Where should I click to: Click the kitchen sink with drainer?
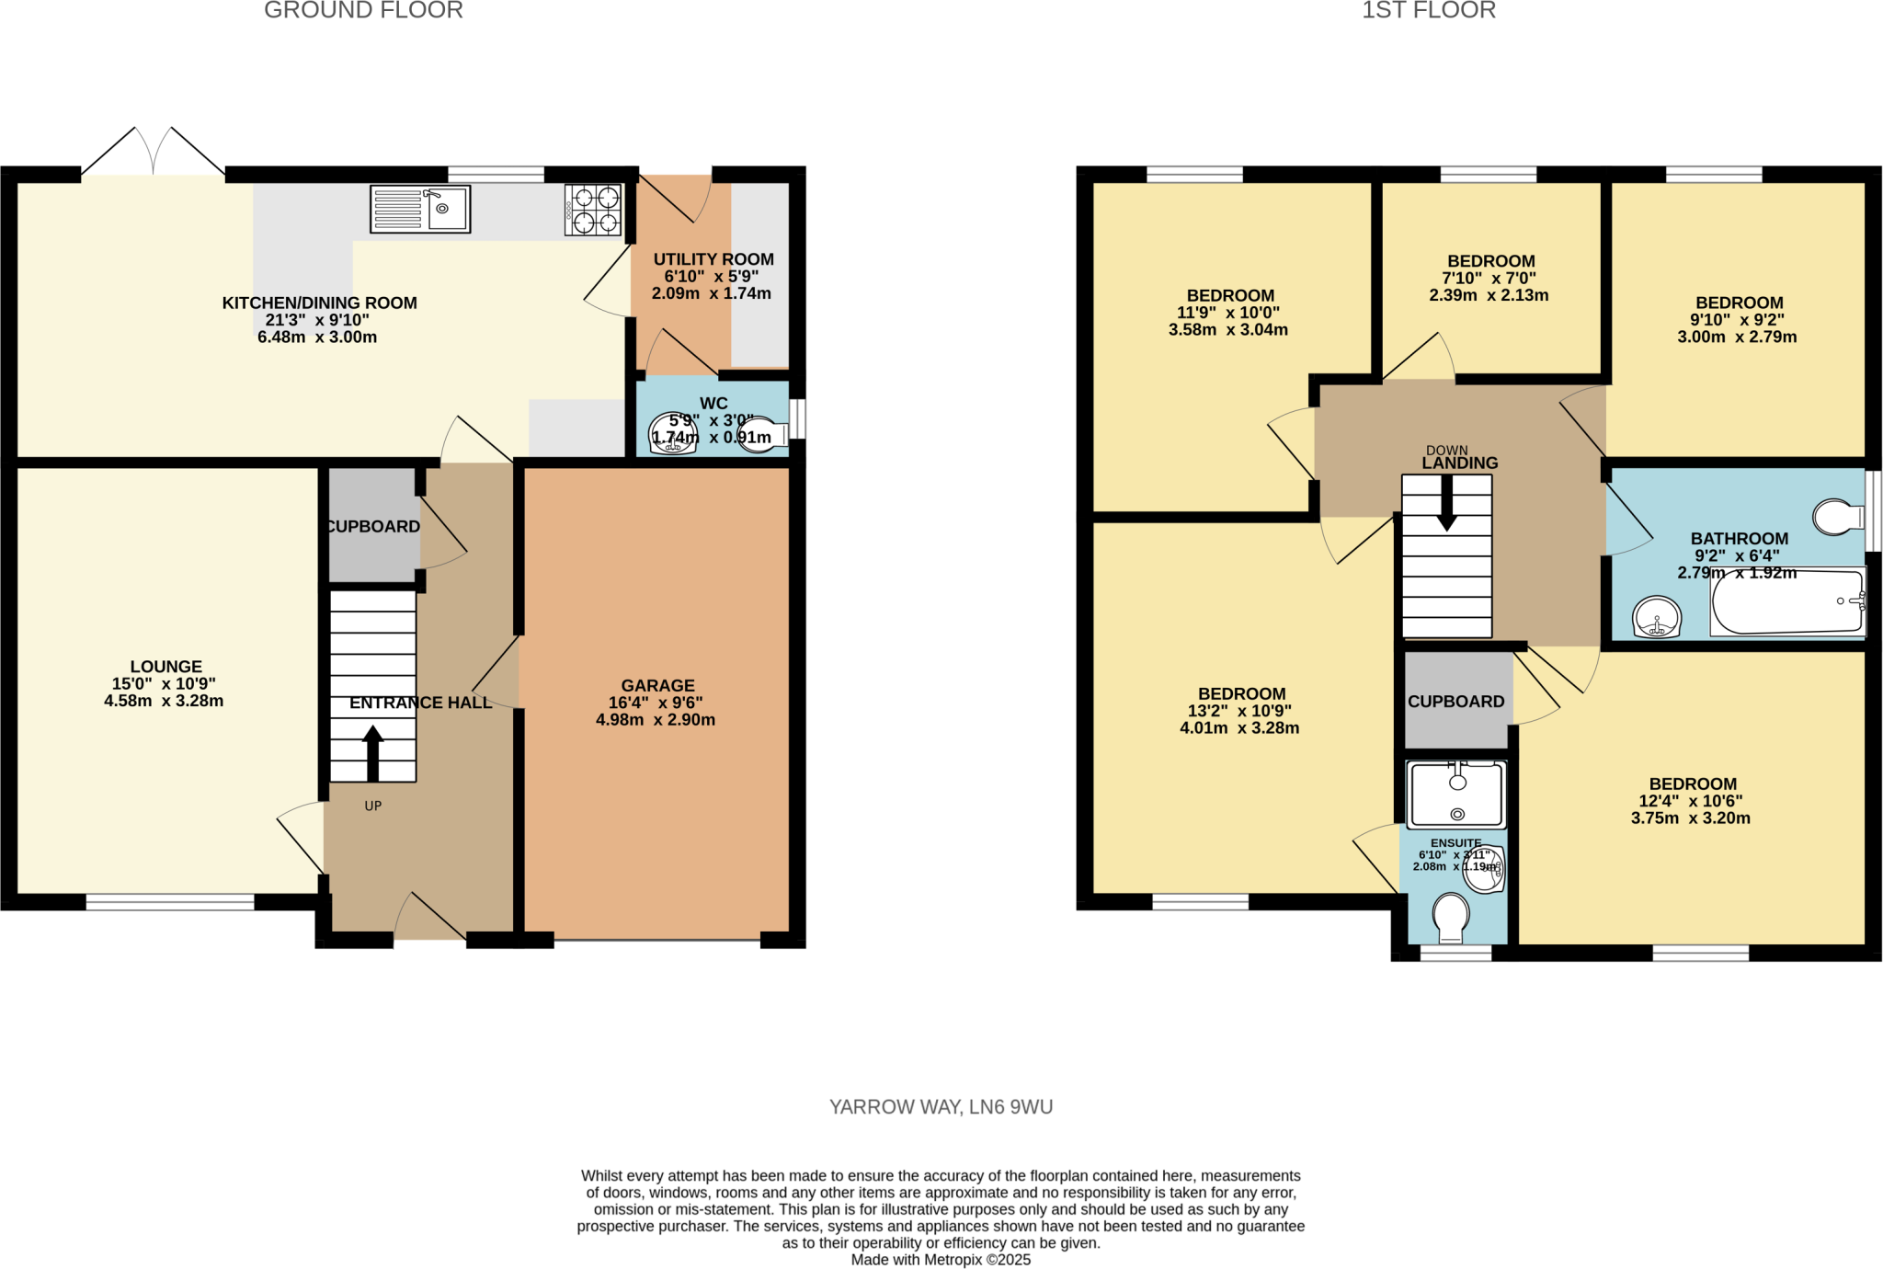tap(420, 209)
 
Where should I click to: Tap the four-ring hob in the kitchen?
tap(593, 210)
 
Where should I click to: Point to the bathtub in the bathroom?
tap(1786, 601)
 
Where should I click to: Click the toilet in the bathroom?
tap(1838, 517)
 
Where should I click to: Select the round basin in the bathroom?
tap(1657, 616)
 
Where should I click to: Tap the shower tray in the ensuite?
tap(1457, 794)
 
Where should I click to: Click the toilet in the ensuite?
tap(1451, 916)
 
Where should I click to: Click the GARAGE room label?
tap(657, 686)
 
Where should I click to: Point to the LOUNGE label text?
tap(165, 667)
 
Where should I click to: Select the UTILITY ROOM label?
tap(713, 259)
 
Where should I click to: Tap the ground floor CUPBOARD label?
tap(372, 527)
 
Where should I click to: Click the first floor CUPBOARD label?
tap(1455, 702)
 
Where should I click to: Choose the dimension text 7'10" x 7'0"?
tap(1489, 279)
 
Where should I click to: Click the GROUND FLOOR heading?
tap(363, 11)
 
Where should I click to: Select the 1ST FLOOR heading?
tap(1428, 11)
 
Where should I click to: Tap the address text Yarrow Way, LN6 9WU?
tap(941, 1107)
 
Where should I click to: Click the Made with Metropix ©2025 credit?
tap(941, 1260)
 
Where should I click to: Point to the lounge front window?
tap(170, 902)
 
